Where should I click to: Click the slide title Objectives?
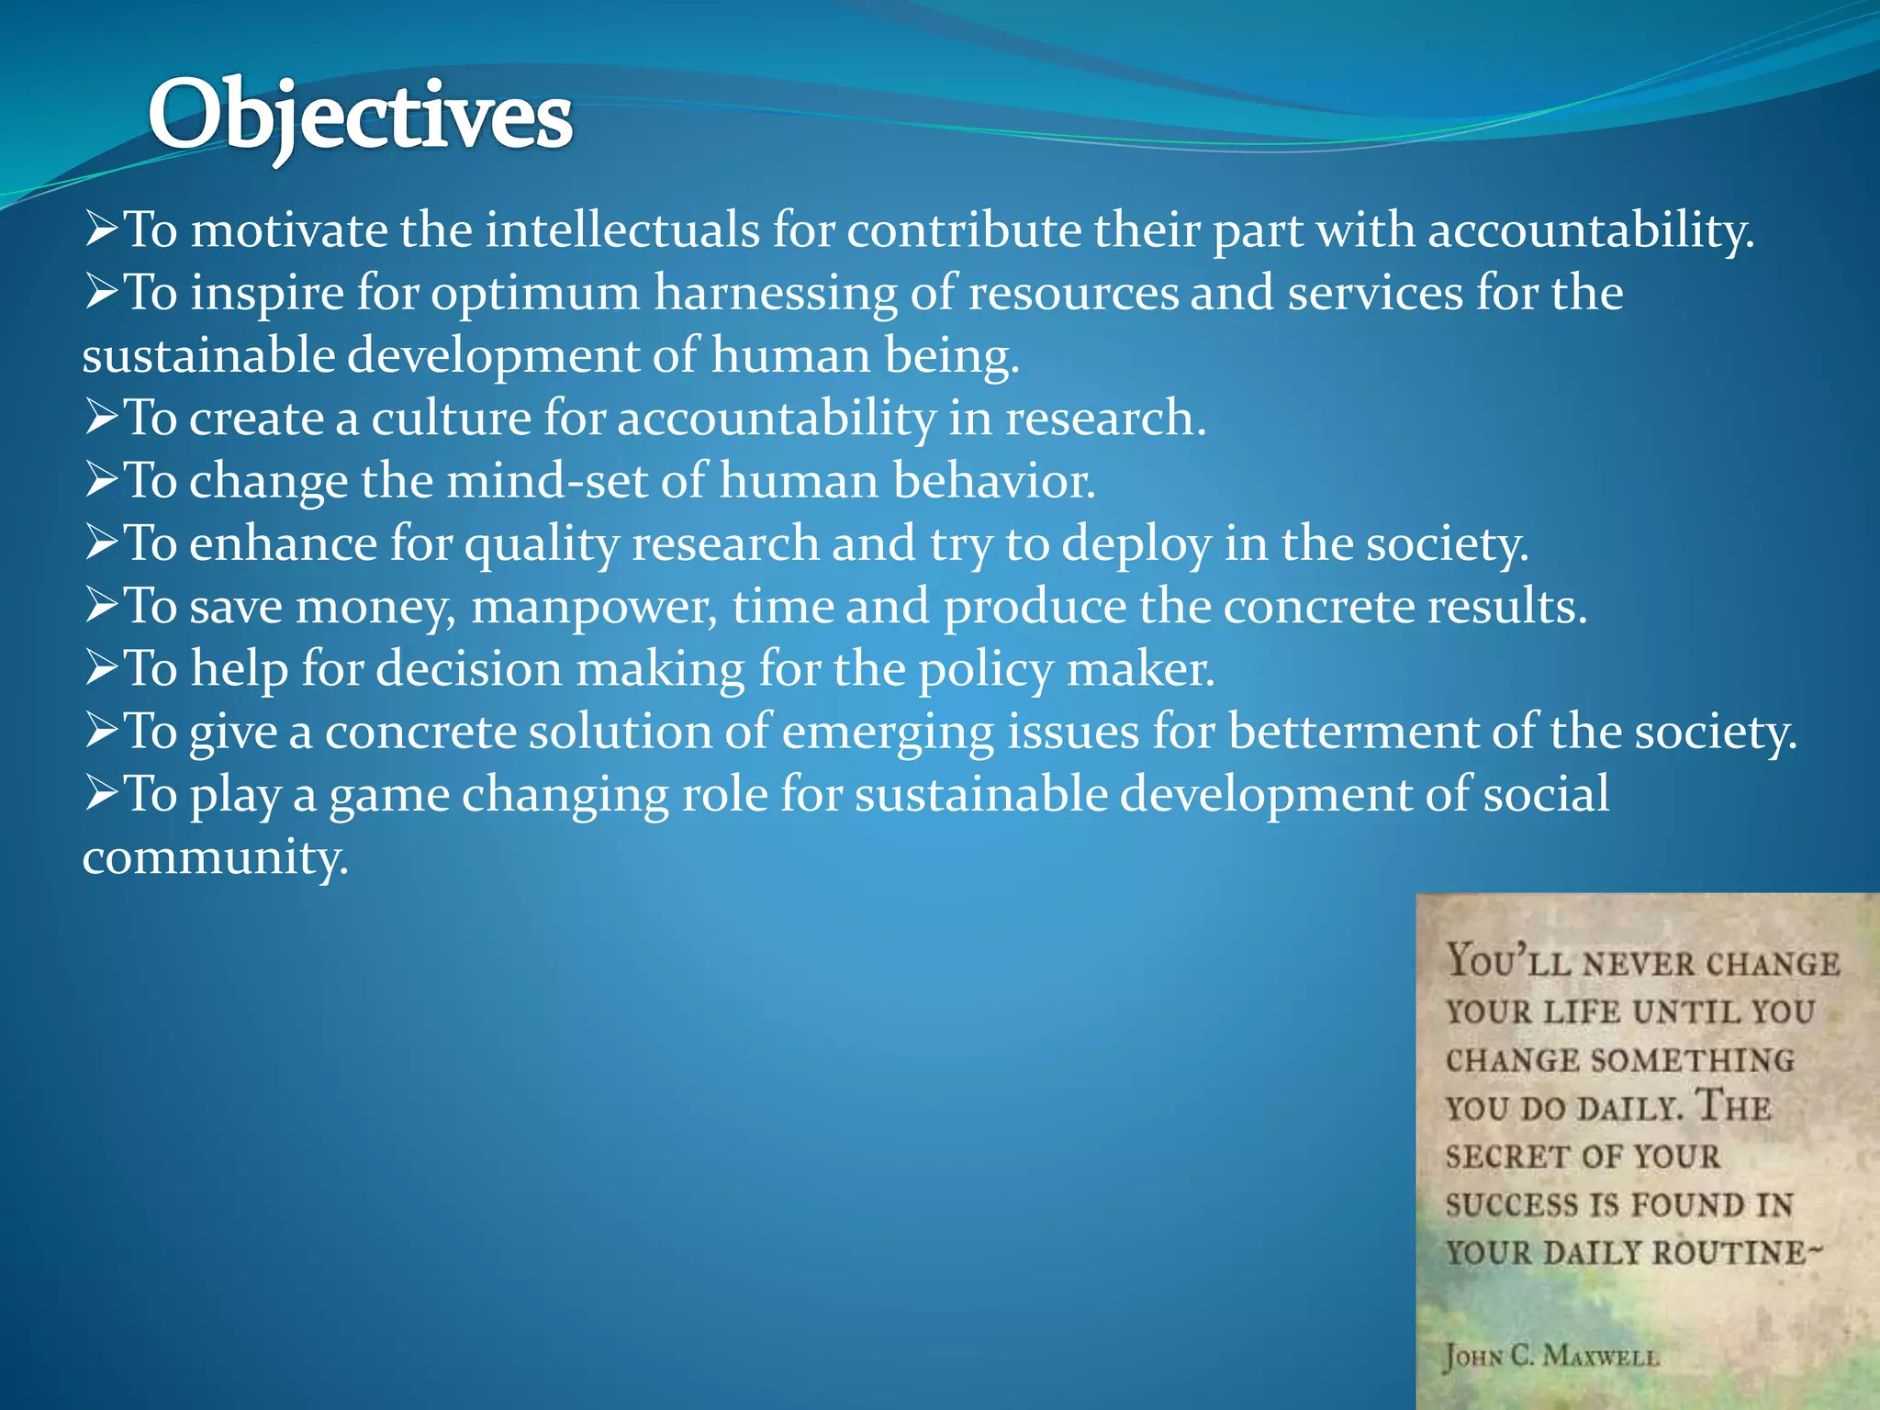(x=360, y=117)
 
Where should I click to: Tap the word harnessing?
(x=776, y=294)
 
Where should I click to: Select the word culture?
(x=451, y=419)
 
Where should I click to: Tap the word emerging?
(x=888, y=733)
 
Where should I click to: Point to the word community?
(x=215, y=857)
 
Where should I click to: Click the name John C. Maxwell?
(x=1551, y=1355)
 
